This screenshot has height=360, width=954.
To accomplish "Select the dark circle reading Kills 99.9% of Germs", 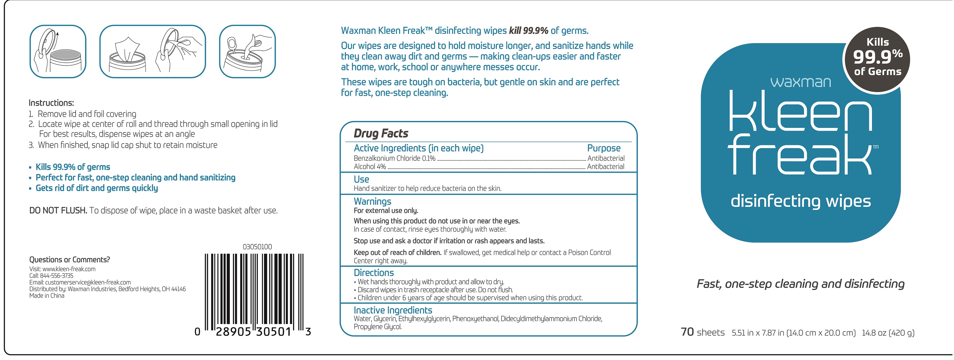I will (x=877, y=57).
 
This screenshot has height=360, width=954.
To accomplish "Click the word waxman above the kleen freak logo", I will (x=800, y=82).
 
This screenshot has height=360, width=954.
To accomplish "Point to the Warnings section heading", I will (x=372, y=202).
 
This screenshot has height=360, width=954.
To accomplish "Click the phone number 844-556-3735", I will (x=57, y=276).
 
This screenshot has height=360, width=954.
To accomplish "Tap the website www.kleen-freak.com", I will (x=69, y=269).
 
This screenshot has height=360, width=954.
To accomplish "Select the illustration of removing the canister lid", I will (x=58, y=52).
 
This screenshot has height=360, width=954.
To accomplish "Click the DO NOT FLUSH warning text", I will (x=58, y=211).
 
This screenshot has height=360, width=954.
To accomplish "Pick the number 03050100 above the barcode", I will (x=257, y=247).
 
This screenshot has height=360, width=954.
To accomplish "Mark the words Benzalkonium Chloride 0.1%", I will (x=394, y=158).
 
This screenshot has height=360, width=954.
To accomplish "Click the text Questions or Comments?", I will (x=69, y=260).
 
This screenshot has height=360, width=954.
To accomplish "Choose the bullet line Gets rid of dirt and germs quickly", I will (x=96, y=188).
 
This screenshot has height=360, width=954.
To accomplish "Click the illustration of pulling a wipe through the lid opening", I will (x=247, y=52).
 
